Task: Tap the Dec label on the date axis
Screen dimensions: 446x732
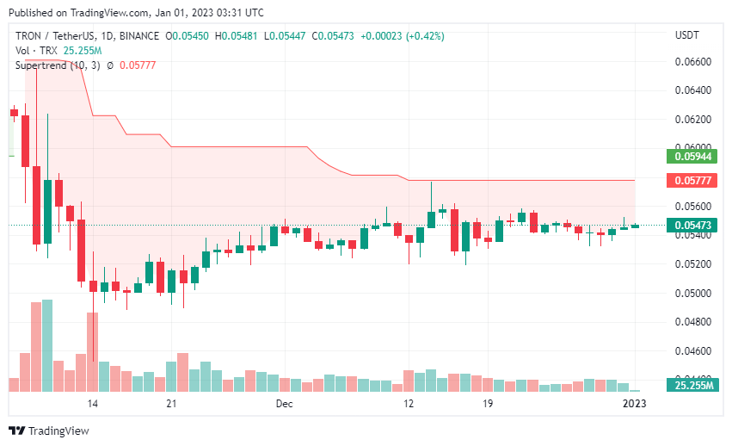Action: pos(285,403)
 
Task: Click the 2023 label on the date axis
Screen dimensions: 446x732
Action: pos(634,403)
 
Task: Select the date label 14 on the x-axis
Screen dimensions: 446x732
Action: pos(93,403)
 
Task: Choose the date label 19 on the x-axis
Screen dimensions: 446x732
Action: pos(487,403)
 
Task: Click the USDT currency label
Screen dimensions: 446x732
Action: pos(686,35)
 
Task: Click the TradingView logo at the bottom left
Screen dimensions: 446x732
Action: pos(49,430)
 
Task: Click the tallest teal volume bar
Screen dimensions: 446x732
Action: pos(47,345)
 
